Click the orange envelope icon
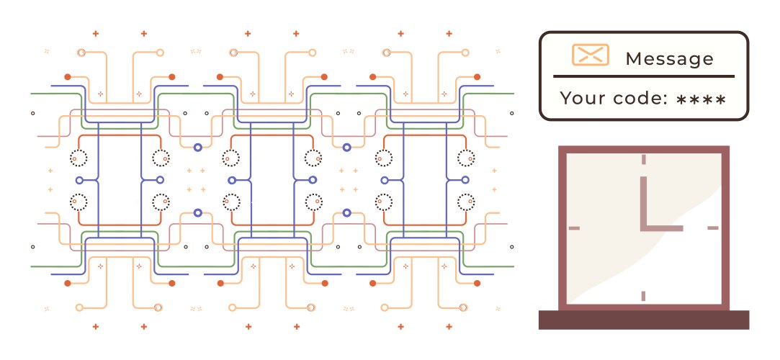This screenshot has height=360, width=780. click(590, 55)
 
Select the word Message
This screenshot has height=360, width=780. click(670, 58)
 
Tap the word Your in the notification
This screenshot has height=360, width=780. click(581, 99)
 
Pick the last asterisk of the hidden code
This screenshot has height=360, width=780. click(720, 99)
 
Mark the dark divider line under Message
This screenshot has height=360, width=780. click(644, 76)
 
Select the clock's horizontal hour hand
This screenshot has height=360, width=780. click(662, 228)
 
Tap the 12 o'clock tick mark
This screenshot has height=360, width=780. click(643, 160)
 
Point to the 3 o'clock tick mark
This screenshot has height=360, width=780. click(713, 228)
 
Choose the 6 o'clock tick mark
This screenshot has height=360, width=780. click(643, 295)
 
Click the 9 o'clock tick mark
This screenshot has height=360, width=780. click(574, 228)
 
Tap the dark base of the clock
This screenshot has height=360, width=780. click(643, 320)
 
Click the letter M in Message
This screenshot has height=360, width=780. click(634, 58)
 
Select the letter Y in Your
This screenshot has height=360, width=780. click(565, 99)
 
